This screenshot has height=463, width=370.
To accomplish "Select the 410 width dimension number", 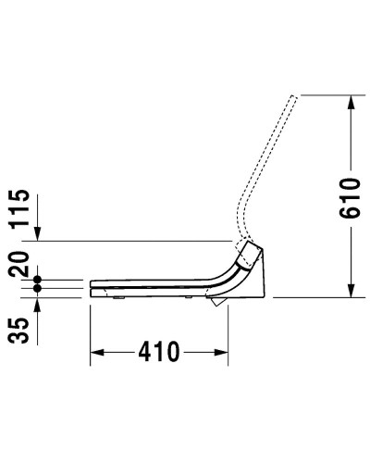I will (158, 353).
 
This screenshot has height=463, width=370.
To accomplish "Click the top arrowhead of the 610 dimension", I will (350, 103).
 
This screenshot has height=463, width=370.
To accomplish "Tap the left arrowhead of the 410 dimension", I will (97, 353).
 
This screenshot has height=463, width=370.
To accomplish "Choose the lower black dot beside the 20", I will (38, 288).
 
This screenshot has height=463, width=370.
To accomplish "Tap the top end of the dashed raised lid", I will (294, 96).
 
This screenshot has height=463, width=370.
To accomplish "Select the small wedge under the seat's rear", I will (216, 302).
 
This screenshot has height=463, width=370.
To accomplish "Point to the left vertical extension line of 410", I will (90, 329).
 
